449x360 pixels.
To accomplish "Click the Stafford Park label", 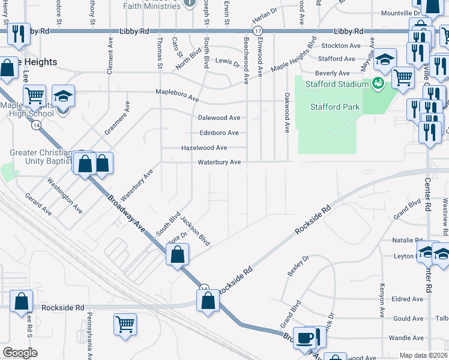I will click(x=335, y=107).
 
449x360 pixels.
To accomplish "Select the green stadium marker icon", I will click(x=378, y=83).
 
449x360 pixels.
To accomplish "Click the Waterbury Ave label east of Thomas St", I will click(x=220, y=162).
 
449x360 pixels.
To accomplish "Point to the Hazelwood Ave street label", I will click(x=204, y=147).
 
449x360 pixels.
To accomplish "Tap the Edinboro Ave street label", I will click(x=219, y=133).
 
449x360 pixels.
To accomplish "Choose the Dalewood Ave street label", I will click(x=219, y=118).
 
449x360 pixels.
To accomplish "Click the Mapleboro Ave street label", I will click(x=177, y=97).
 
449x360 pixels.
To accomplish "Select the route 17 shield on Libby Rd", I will click(x=258, y=31).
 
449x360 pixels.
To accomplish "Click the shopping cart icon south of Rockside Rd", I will click(x=125, y=324).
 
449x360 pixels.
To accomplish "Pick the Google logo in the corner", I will click(x=20, y=353).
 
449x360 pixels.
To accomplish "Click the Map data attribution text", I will click(x=423, y=355).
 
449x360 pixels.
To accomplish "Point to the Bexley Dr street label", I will click(x=298, y=265).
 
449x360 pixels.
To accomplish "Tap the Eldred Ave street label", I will click(x=408, y=299).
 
